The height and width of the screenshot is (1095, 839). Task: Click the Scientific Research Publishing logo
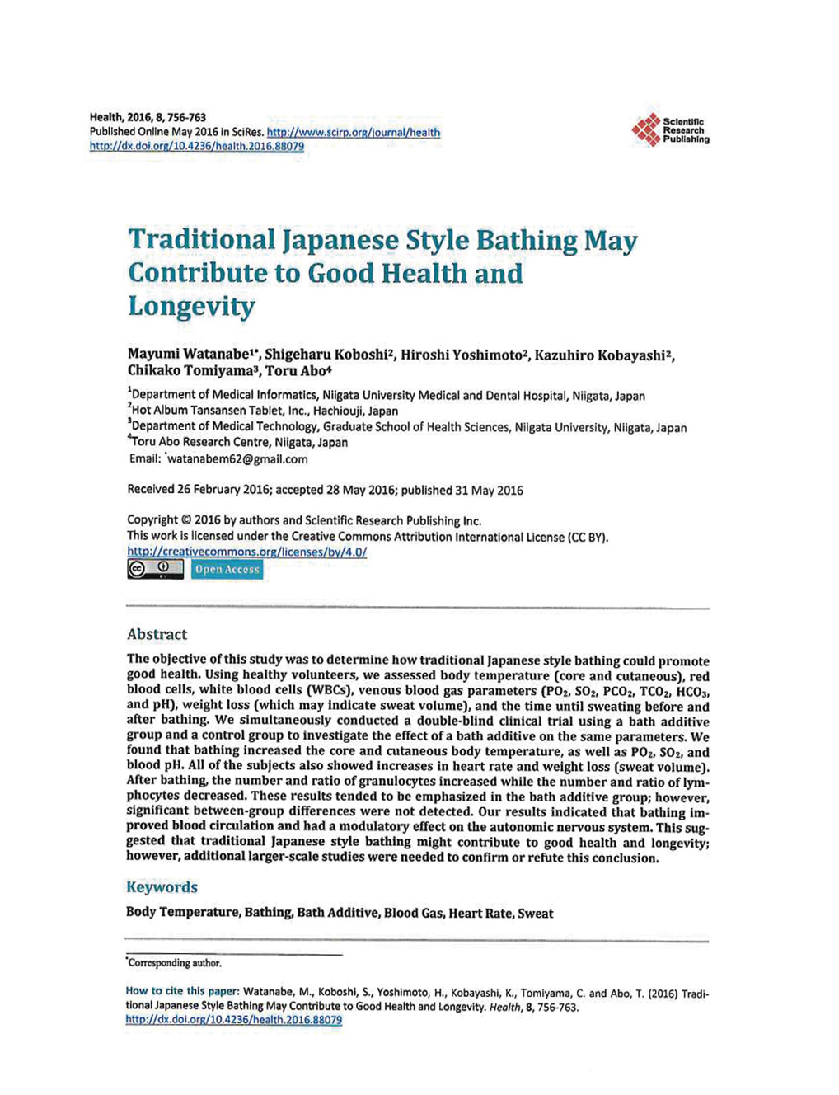pos(669,129)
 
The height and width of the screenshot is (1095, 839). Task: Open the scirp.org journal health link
pos(353,132)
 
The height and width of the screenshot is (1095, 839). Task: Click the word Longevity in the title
pos(191,307)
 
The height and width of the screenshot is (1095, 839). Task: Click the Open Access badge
pos(227,569)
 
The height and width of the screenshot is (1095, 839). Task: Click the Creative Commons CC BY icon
pos(155,569)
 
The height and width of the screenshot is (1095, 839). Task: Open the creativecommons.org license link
pos(246,552)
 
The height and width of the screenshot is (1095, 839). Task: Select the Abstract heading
pos(157,634)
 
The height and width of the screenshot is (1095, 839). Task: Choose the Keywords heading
pos(162,887)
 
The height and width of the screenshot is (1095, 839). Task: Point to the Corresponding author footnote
pos(174,963)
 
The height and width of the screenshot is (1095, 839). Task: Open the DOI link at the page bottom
pos(233,1020)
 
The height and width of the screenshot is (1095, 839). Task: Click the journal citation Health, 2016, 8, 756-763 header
pos(148,117)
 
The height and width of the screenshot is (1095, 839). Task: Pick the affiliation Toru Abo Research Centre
pos(240,442)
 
